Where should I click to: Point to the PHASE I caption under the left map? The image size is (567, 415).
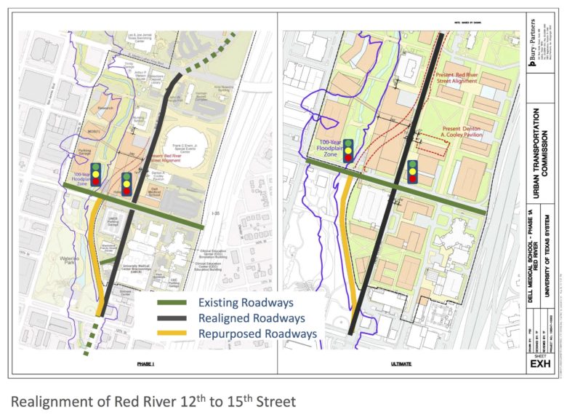[146, 363]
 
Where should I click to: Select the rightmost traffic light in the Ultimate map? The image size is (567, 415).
[413, 172]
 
